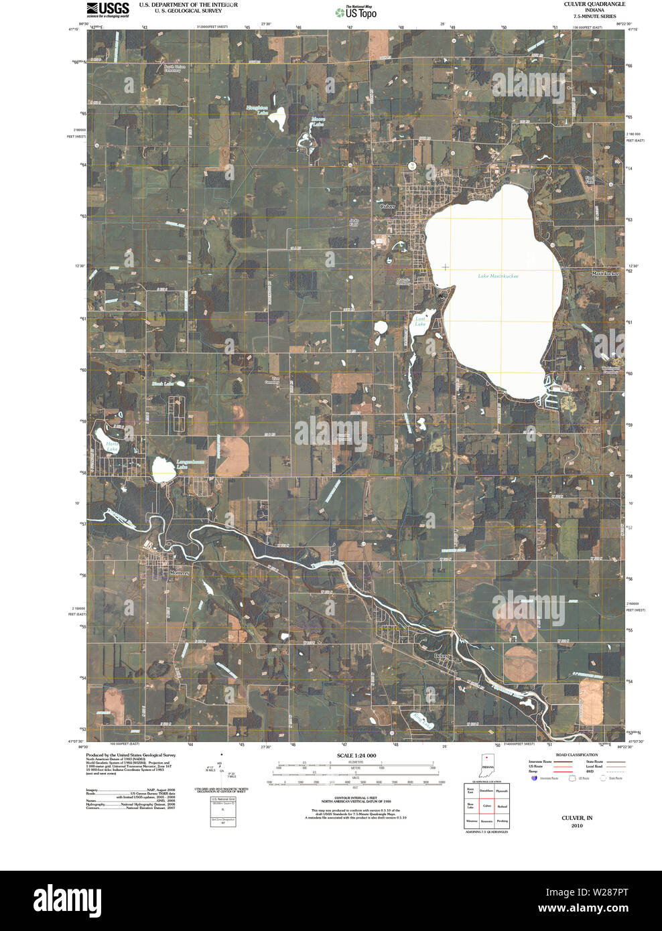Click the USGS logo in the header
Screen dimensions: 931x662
point(107,9)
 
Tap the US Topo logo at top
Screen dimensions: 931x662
point(356,11)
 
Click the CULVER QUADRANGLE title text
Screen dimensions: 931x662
point(594,4)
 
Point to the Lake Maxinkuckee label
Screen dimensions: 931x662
point(498,276)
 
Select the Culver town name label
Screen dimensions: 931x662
point(387,206)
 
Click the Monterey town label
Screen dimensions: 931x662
point(180,573)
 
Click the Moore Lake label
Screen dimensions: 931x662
point(318,123)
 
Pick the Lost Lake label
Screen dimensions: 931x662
point(420,321)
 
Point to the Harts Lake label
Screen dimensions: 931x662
point(112,447)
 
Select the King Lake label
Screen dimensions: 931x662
point(423,721)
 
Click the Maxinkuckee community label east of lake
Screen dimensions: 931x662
point(605,273)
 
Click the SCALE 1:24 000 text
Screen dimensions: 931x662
point(356,756)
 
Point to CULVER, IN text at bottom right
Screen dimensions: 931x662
point(577,818)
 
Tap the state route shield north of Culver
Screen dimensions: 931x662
point(412,165)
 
